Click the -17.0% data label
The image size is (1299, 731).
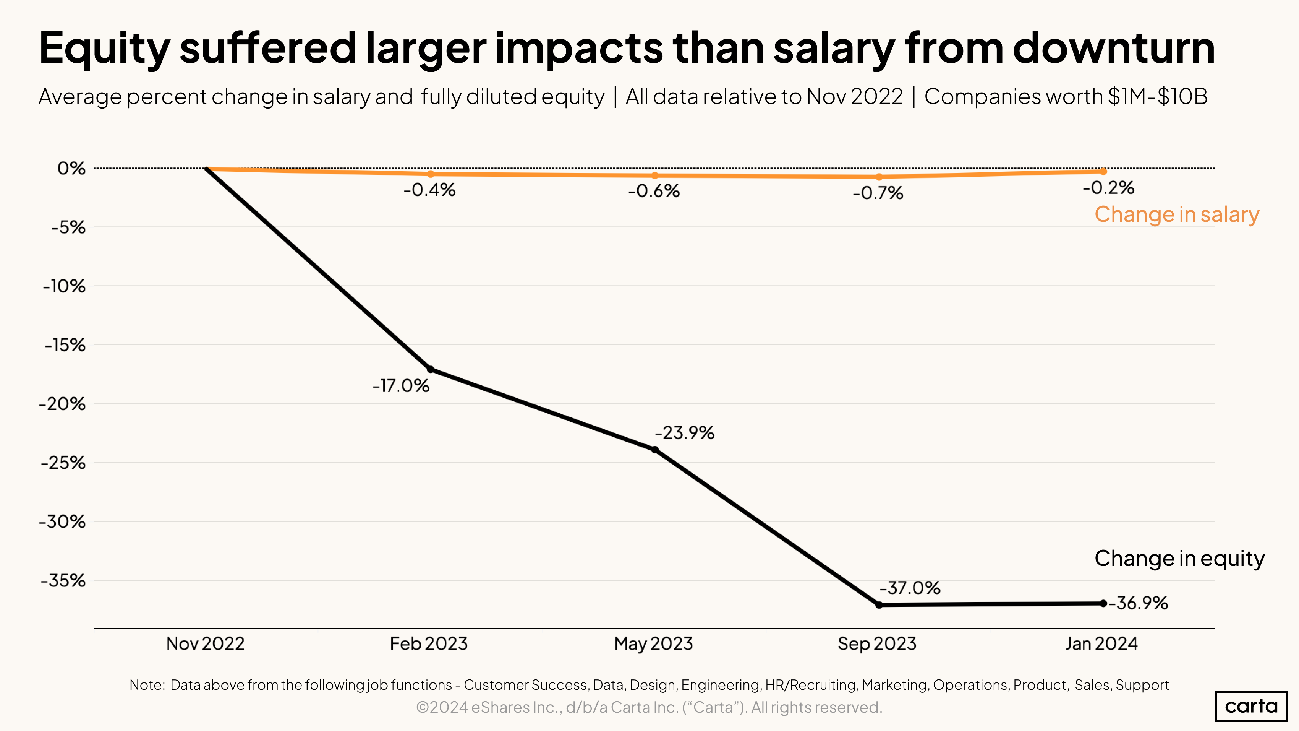[x=401, y=386]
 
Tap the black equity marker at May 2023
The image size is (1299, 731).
[x=654, y=450]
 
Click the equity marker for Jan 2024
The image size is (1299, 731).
[x=1103, y=603]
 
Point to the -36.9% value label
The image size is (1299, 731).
[x=1138, y=603]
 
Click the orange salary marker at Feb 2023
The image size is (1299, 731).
[x=431, y=174]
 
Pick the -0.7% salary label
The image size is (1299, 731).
[x=878, y=193]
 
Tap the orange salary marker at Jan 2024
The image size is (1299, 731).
[x=1103, y=172]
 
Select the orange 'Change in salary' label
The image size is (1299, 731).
[x=1176, y=214]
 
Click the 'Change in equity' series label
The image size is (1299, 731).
[x=1179, y=559]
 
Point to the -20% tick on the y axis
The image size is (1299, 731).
[x=63, y=404]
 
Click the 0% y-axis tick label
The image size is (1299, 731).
[x=71, y=169]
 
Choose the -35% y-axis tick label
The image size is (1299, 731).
[x=63, y=581]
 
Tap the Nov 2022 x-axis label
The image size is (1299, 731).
[x=205, y=644]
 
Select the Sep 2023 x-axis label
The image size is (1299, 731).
[x=877, y=644]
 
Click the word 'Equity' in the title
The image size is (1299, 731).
[x=104, y=49]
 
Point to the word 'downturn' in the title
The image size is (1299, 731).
[x=1113, y=49]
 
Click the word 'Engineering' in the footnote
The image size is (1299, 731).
[x=720, y=685]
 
